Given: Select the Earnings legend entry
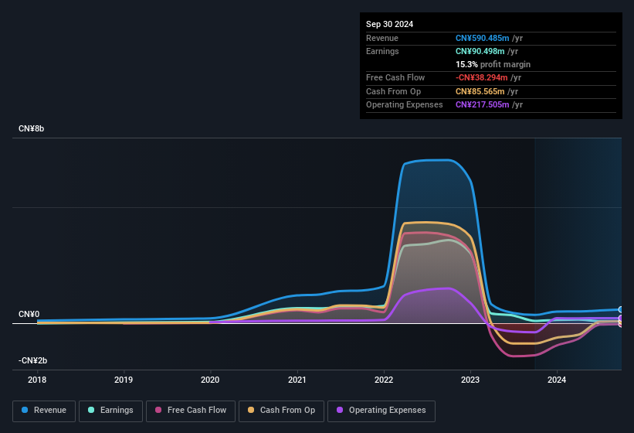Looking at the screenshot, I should click(x=111, y=411).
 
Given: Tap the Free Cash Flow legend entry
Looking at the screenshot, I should click(x=192, y=411).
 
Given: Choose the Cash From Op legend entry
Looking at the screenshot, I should click(x=282, y=411).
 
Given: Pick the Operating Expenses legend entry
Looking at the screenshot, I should click(x=381, y=411).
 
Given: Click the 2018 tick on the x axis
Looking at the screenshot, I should click(x=37, y=380).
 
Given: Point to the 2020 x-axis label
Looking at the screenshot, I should click(x=210, y=380).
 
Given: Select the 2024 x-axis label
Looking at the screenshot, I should click(x=557, y=380).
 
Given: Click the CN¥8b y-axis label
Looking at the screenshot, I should click(x=32, y=128).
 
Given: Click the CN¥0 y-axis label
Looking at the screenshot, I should click(x=29, y=315).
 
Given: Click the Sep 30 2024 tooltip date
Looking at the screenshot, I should click(x=389, y=24).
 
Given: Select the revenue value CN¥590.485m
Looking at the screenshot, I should click(x=483, y=38).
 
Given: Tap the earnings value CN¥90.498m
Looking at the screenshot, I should click(x=480, y=51).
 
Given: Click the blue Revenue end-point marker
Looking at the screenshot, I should click(x=621, y=309).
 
